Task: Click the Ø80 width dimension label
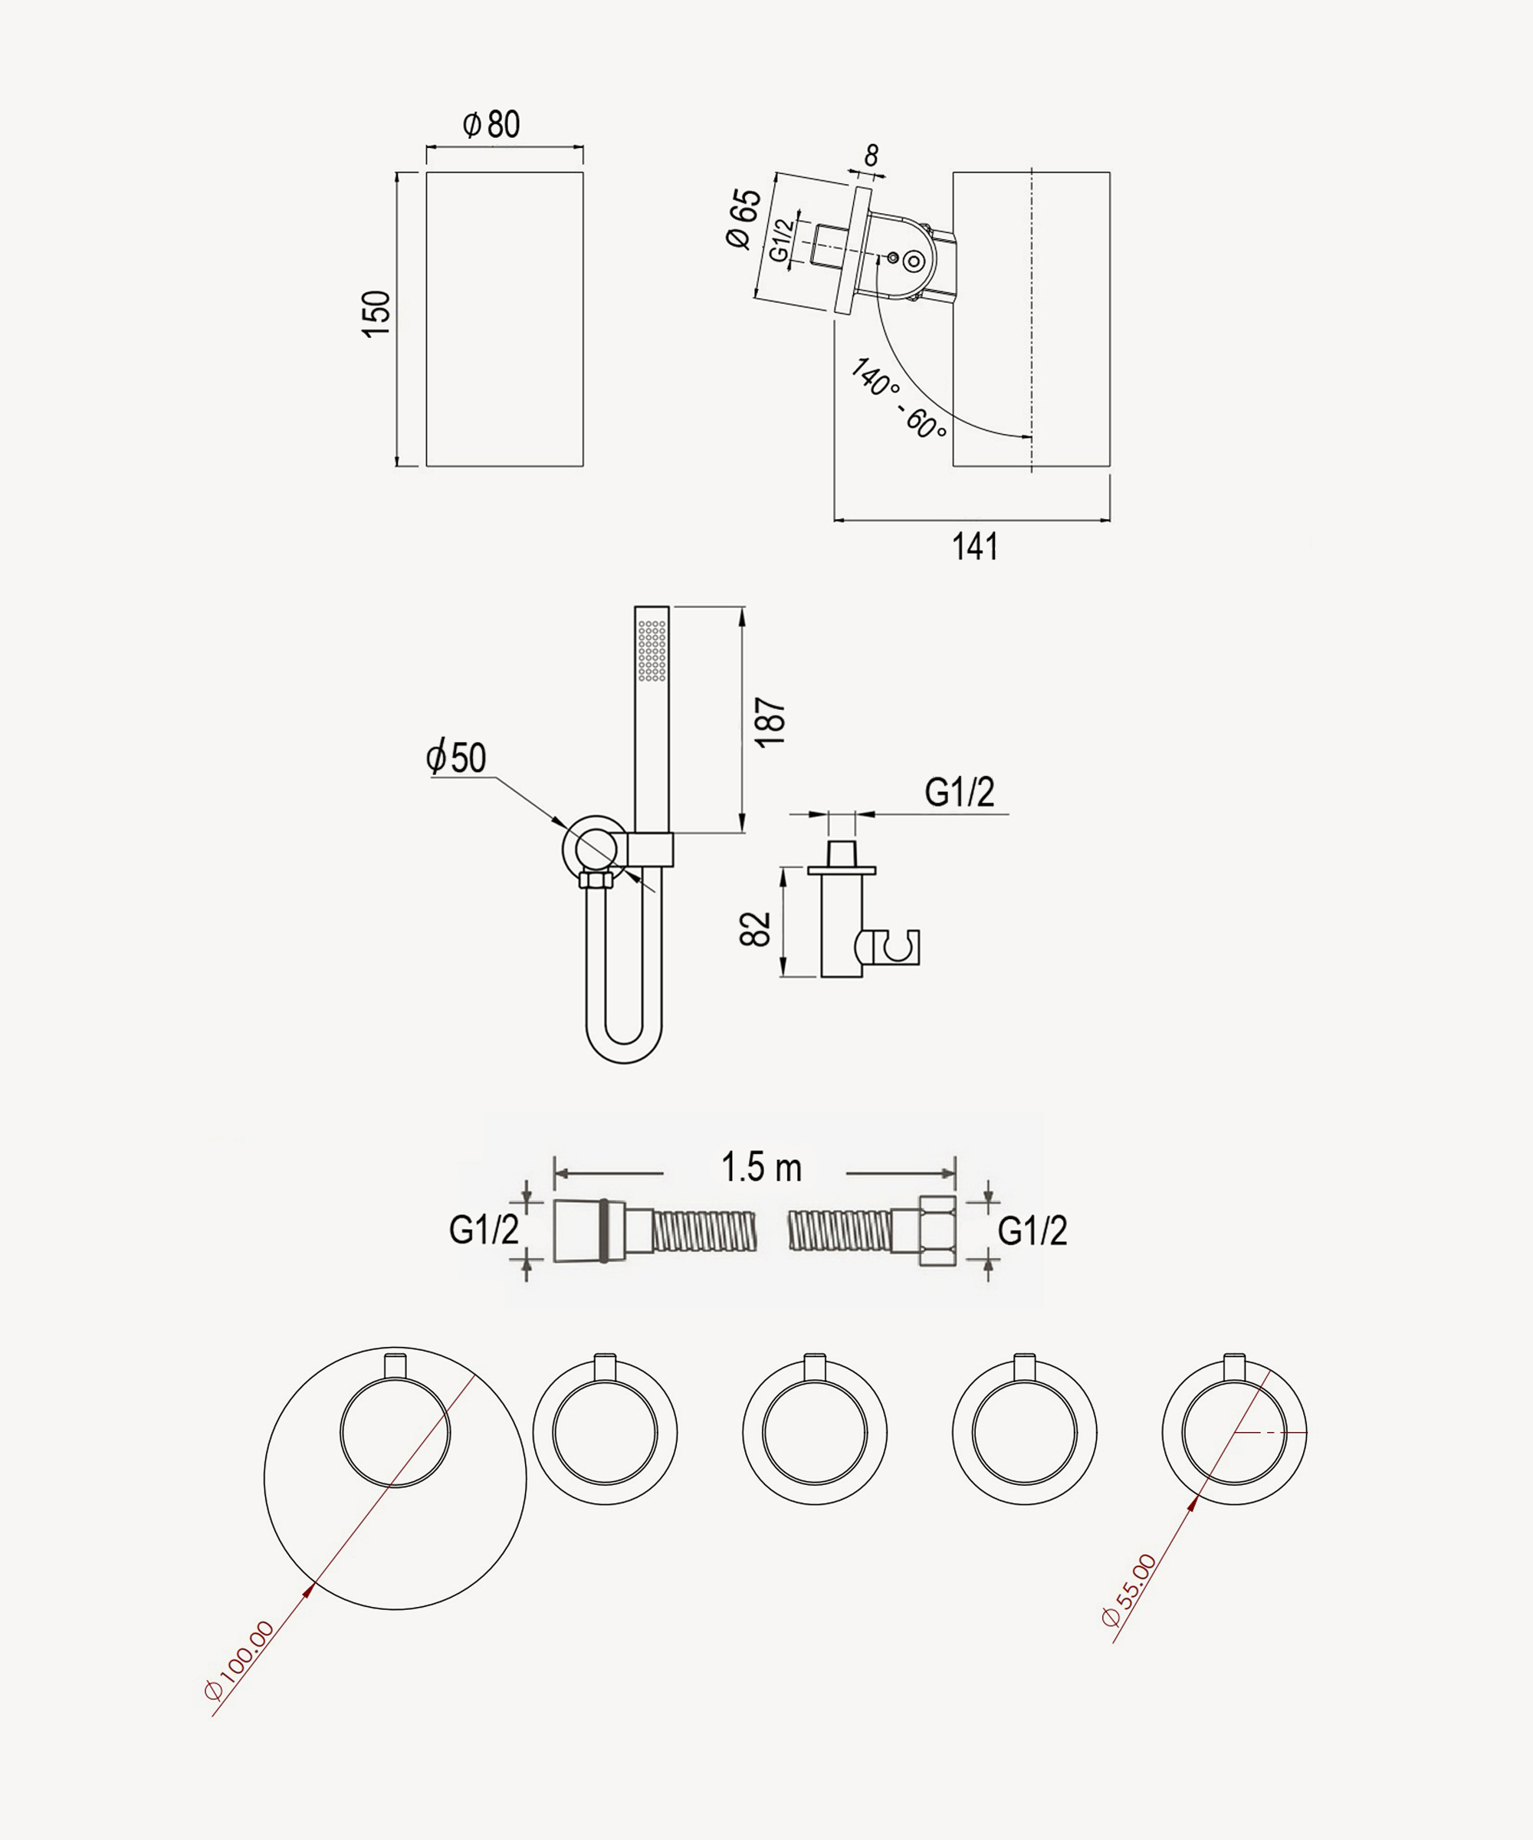click(491, 125)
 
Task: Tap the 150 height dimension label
click(376, 314)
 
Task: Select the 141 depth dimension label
click(975, 547)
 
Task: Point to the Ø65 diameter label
click(744, 219)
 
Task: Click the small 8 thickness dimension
click(871, 156)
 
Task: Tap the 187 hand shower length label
click(770, 722)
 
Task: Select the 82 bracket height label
click(755, 928)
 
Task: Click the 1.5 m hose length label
click(761, 1167)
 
